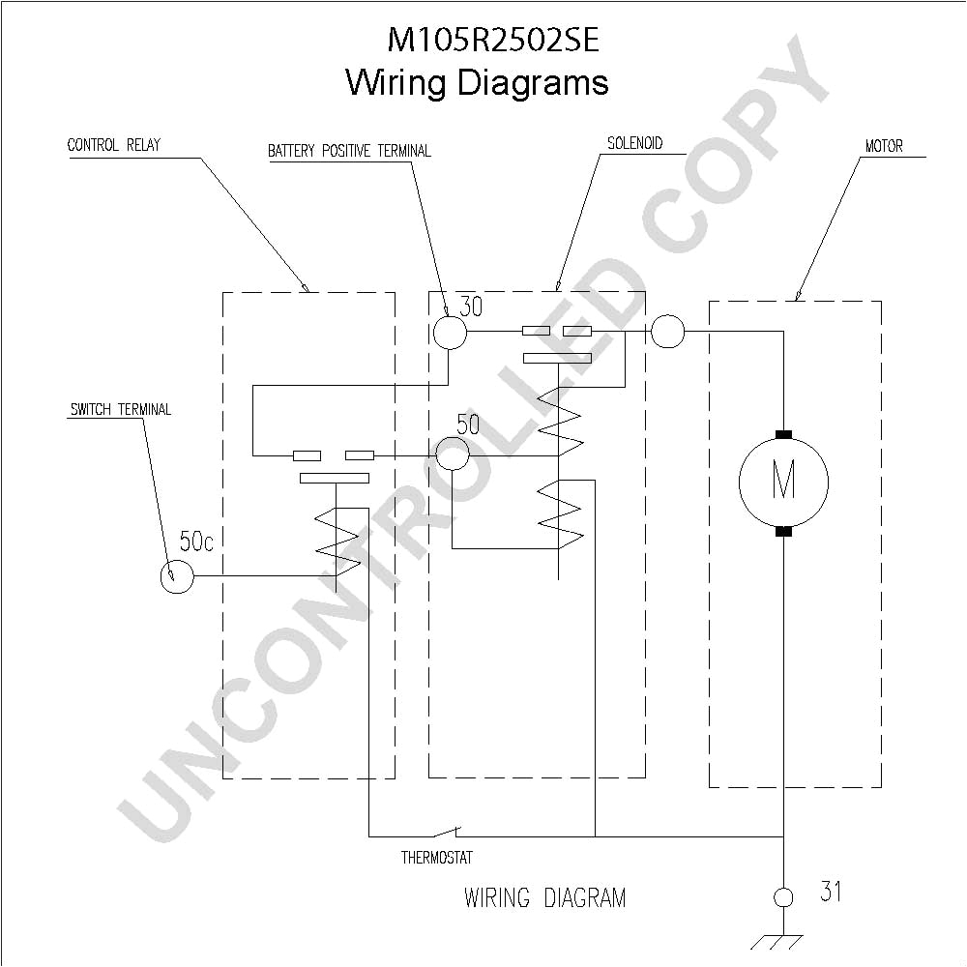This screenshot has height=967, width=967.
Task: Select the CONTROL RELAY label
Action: tap(114, 145)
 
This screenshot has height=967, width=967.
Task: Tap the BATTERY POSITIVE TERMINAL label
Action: tap(349, 151)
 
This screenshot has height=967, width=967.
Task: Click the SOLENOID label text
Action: tap(634, 143)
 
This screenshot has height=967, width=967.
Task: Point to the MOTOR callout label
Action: tap(884, 146)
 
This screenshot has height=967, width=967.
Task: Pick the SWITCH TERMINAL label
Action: tap(120, 409)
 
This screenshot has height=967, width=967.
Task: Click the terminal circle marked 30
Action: tap(449, 333)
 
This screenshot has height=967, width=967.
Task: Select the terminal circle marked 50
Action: tap(452, 453)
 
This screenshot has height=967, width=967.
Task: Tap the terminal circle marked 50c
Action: tap(176, 577)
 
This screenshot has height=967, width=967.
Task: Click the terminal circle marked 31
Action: tap(784, 897)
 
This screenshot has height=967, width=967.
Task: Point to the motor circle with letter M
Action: tap(783, 481)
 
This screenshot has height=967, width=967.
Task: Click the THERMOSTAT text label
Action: tap(437, 858)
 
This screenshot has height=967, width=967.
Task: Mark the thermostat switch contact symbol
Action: tap(447, 832)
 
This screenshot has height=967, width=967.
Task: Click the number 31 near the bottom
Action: tap(830, 892)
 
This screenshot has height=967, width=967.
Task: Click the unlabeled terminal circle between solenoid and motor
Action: tap(667, 332)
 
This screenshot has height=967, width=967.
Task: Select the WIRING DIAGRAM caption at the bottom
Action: tap(544, 897)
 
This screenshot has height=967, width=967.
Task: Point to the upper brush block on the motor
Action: tap(783, 434)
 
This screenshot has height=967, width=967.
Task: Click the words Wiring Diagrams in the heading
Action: tap(477, 82)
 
